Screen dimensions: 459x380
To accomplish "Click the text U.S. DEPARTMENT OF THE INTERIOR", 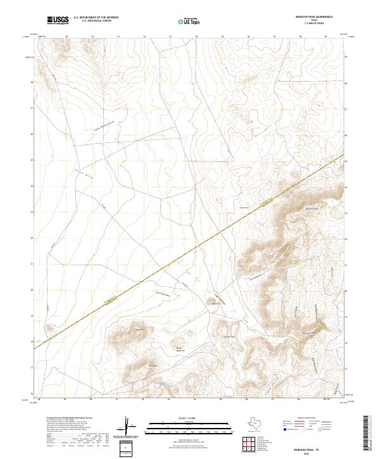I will pyautogui.click(x=96, y=18).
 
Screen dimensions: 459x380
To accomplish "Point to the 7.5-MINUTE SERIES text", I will pyautogui.click(x=324, y=24).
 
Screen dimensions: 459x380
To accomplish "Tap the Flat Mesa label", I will pyautogui.click(x=152, y=365).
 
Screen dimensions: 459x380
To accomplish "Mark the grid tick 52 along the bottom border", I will pyautogui.click(x=144, y=400).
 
